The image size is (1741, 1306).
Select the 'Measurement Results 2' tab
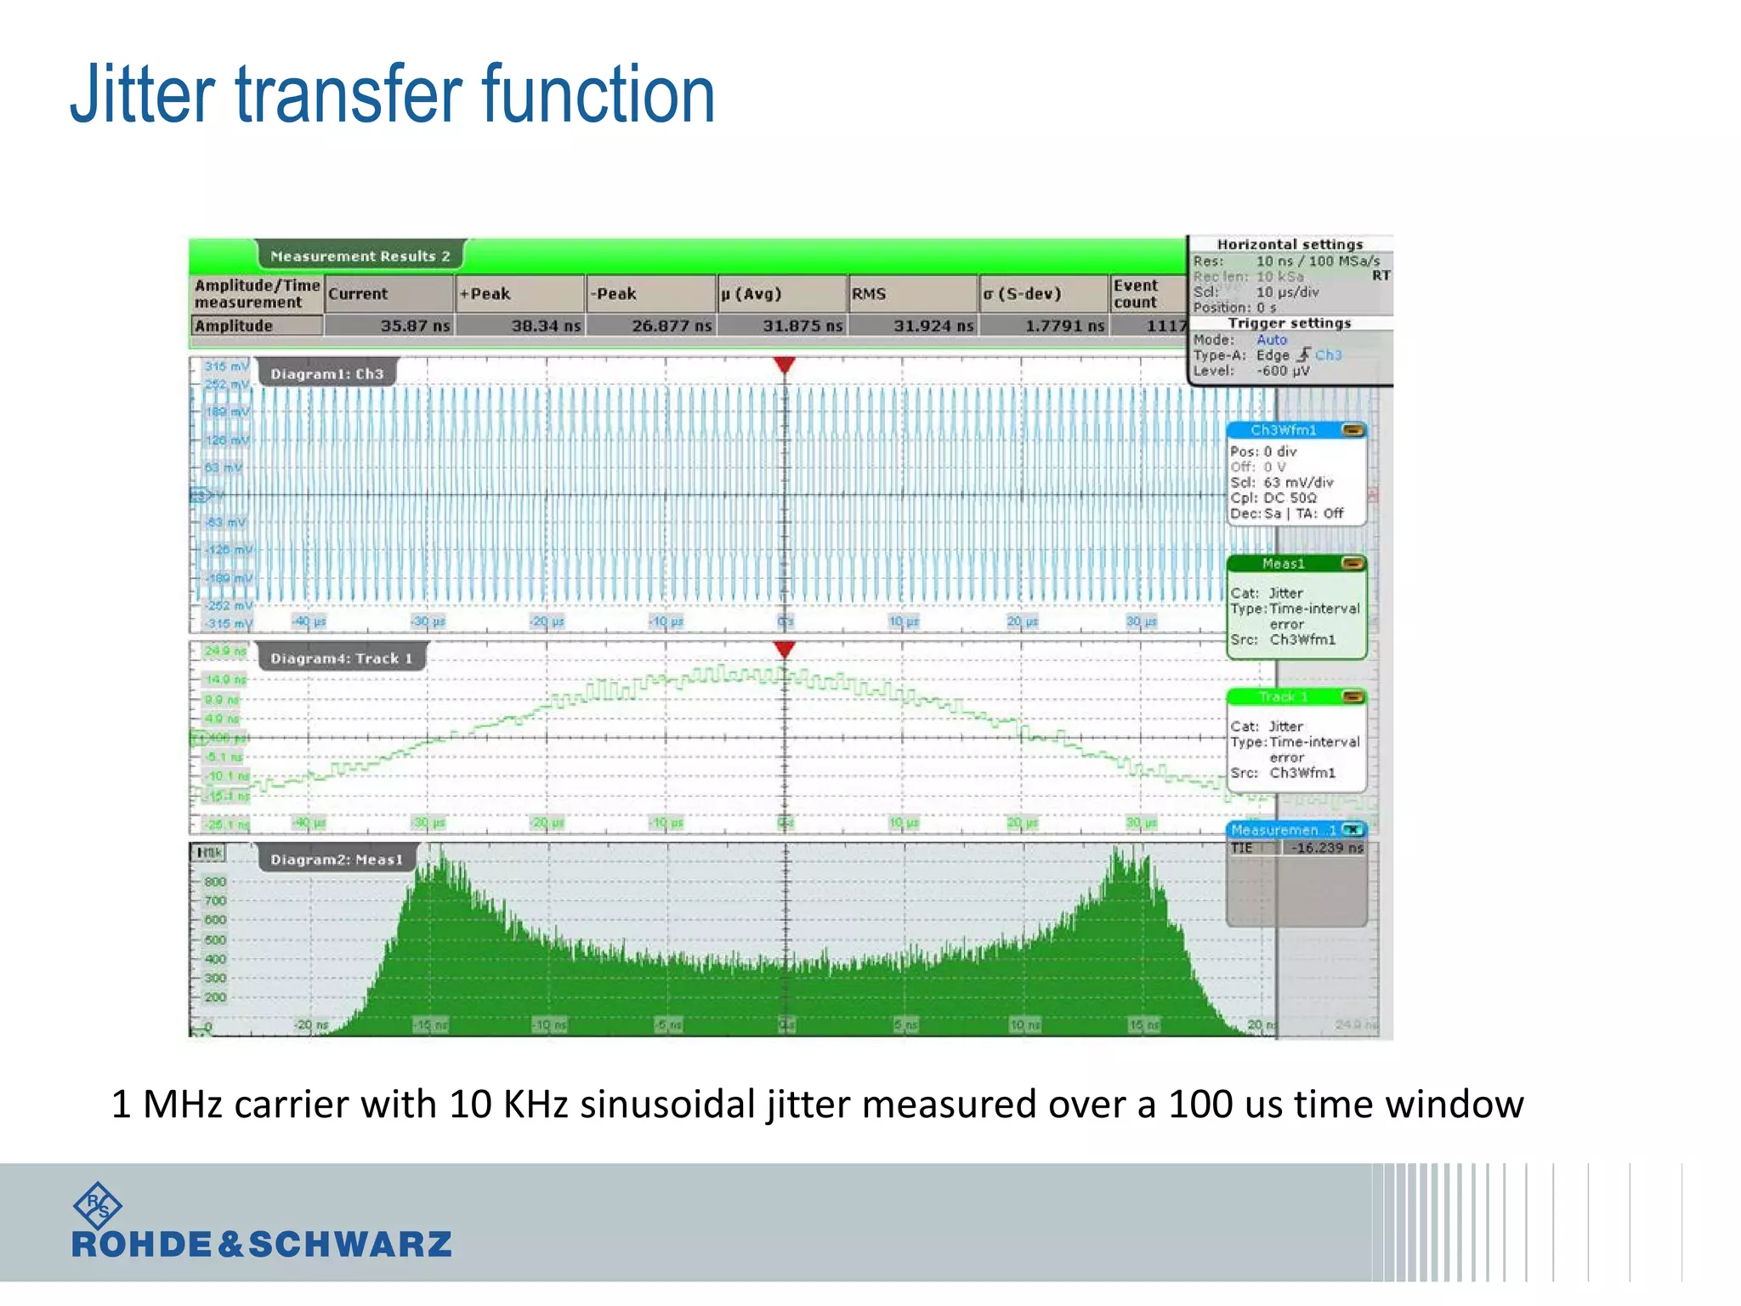click(x=360, y=256)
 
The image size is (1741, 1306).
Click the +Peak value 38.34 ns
click(x=545, y=326)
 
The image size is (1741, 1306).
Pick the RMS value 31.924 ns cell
click(x=933, y=326)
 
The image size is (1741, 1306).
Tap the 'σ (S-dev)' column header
click(x=1023, y=294)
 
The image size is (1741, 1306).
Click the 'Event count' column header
click(x=1136, y=294)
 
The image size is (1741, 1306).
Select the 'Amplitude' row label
click(x=234, y=326)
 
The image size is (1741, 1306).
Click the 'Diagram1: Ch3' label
click(x=326, y=374)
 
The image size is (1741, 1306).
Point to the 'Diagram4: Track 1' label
click(x=341, y=658)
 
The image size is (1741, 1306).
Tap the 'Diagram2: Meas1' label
click(x=337, y=860)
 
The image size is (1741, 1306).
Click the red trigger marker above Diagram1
click(x=785, y=365)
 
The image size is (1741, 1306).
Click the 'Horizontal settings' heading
click(x=1290, y=244)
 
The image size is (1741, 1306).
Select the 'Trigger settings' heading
click(x=1289, y=323)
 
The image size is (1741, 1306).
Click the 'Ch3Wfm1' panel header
click(x=1284, y=430)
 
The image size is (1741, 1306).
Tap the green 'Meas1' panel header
click(x=1284, y=564)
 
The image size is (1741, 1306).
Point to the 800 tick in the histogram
click(x=215, y=882)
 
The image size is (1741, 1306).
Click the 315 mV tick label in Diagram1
click(x=226, y=366)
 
